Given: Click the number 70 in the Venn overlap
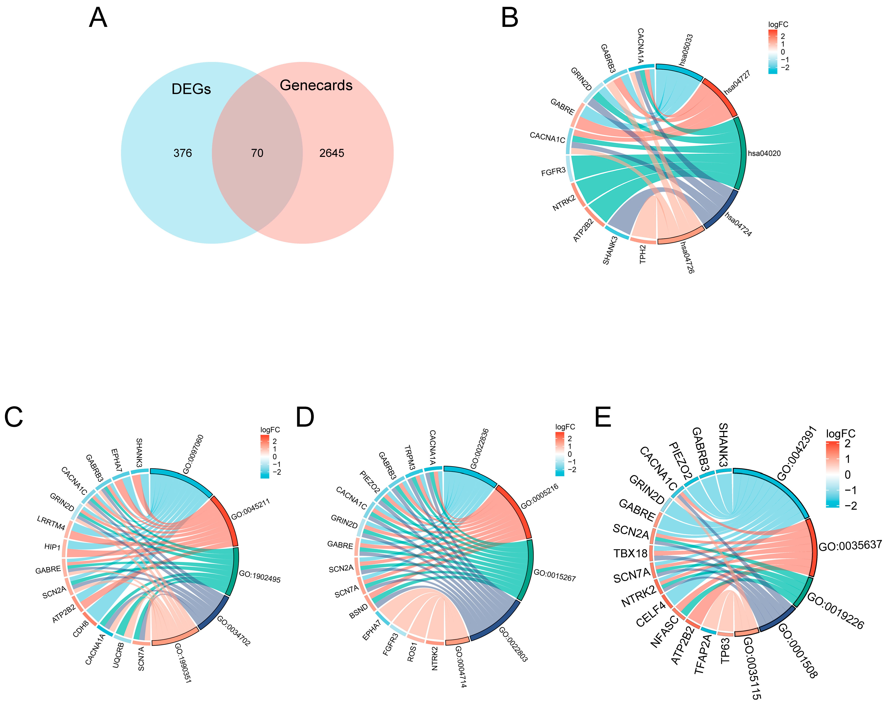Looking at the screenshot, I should [257, 153].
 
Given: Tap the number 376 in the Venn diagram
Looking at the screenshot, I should [182, 153].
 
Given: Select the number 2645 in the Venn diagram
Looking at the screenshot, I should [331, 153].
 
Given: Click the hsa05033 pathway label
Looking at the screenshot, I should [686, 50].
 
